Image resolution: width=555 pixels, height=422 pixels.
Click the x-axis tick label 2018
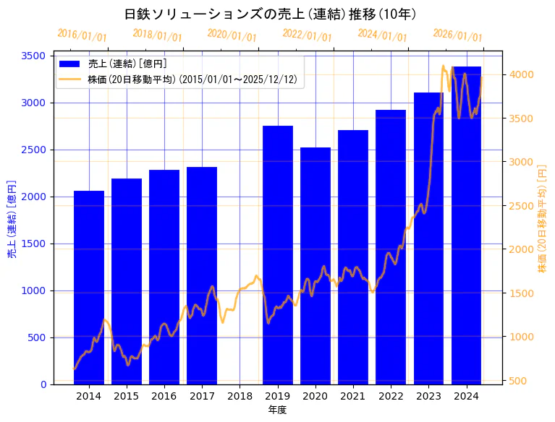coord(240,396)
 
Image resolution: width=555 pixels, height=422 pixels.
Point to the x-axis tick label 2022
coord(391,396)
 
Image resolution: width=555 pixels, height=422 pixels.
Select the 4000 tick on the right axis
coord(521,74)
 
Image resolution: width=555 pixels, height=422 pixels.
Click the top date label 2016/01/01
coord(82,35)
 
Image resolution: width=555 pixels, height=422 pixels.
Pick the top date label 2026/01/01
coord(457,35)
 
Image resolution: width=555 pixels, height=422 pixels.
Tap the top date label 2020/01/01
coord(232,35)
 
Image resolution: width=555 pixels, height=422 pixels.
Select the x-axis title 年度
coord(277,410)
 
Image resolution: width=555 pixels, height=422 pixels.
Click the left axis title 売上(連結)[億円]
coord(11,219)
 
